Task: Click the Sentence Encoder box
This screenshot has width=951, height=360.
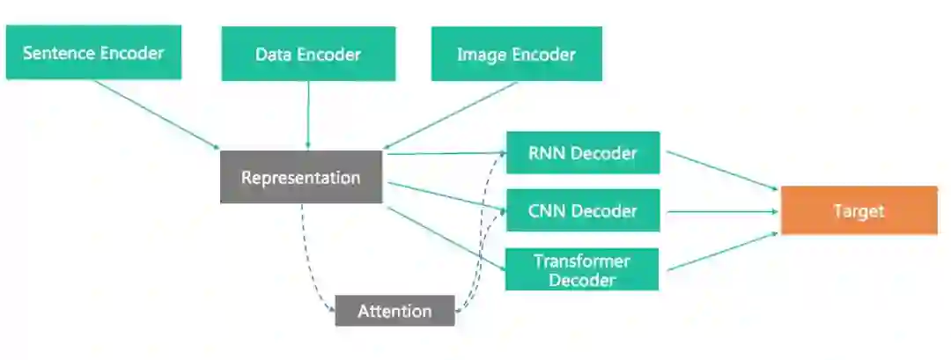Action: coord(93,53)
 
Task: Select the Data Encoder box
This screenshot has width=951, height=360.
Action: coord(308,54)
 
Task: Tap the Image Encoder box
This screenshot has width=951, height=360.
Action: coord(516,54)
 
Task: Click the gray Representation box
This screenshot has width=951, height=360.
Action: coord(301,177)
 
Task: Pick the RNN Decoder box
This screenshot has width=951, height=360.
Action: coord(582,153)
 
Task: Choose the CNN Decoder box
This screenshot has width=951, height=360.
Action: coord(582,210)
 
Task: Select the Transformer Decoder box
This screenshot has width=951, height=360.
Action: coord(582,269)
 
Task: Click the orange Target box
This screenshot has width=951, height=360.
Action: coord(859,210)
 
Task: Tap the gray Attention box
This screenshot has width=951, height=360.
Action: coord(394,311)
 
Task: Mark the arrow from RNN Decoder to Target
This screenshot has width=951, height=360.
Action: coord(720,170)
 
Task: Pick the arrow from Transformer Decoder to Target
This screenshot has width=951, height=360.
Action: coord(720,251)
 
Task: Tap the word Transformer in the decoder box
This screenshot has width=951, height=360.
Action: coord(582,261)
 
